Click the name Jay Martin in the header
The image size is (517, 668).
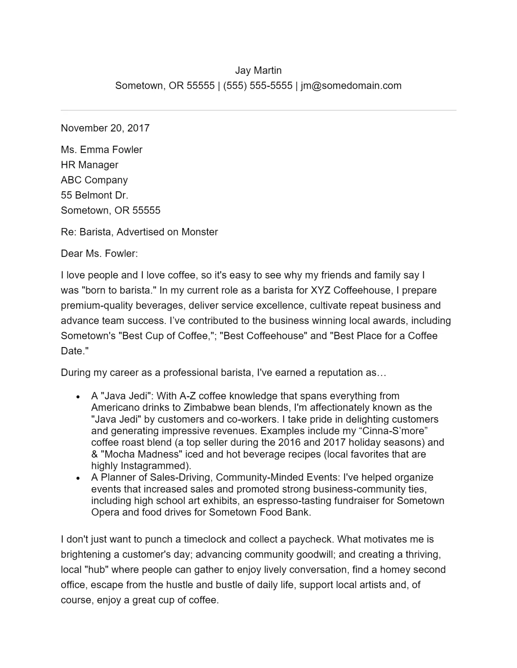coord(258,70)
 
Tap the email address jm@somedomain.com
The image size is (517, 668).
coord(351,86)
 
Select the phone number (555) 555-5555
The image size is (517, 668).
coord(258,86)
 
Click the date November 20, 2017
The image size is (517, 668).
coord(105,128)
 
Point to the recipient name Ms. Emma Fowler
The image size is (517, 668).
coord(102,150)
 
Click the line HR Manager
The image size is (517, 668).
coord(89,165)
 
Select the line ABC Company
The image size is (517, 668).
coord(94,180)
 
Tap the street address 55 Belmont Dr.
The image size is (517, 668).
coord(94,195)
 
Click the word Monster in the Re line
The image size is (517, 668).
coord(200,232)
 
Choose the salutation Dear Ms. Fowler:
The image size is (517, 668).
coord(99,254)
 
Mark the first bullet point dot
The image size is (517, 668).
coord(78,397)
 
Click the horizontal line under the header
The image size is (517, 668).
coord(258,111)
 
